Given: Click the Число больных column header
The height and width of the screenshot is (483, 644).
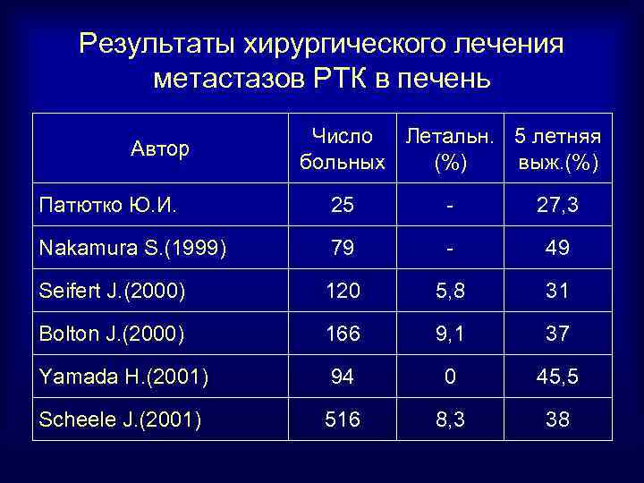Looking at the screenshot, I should pyautogui.click(x=343, y=149).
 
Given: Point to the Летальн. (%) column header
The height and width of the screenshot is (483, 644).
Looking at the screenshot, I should pyautogui.click(x=449, y=149).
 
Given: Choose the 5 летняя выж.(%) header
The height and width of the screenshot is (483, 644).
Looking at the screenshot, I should pyautogui.click(x=557, y=149).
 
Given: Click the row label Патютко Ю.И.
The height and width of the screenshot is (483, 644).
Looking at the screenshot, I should pyautogui.click(x=106, y=206).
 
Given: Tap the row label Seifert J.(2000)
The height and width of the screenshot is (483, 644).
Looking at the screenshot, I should pyautogui.click(x=112, y=291).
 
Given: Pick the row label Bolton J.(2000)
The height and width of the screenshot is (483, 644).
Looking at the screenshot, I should pyautogui.click(x=111, y=334).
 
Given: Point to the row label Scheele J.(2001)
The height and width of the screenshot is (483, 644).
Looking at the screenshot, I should pyautogui.click(x=119, y=419).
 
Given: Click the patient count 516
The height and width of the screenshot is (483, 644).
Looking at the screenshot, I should pyautogui.click(x=342, y=419).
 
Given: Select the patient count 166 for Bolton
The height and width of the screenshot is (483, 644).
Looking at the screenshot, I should pyautogui.click(x=342, y=334).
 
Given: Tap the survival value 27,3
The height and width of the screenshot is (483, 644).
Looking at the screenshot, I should pyautogui.click(x=557, y=206).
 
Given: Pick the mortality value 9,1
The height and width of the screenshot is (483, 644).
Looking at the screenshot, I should pyautogui.click(x=449, y=334).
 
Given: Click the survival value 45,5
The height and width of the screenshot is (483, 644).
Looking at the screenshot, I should pyautogui.click(x=557, y=377).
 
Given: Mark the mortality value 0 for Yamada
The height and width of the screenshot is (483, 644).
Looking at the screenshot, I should pyautogui.click(x=449, y=377).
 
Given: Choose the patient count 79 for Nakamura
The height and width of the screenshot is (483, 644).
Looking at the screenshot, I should pyautogui.click(x=342, y=248).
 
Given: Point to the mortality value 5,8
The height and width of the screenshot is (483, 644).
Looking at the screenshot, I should pyautogui.click(x=449, y=291).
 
